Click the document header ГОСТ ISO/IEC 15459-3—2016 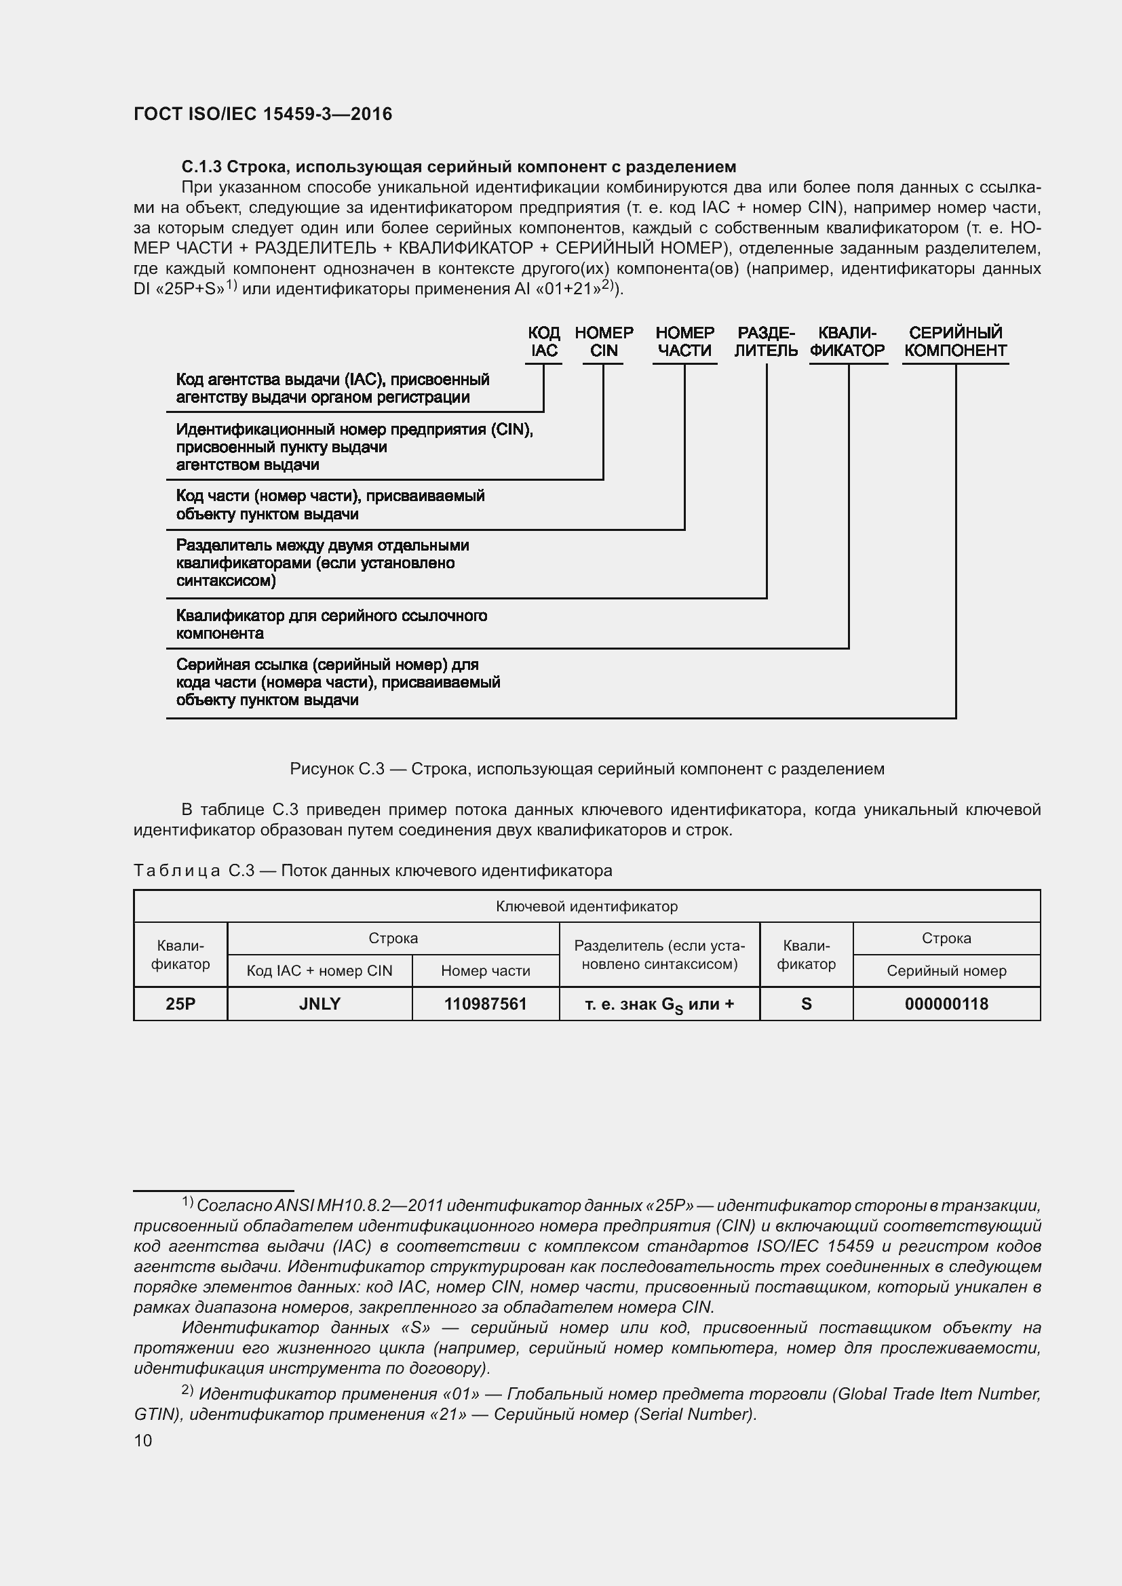coord(263,114)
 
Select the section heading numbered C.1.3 coord(458,167)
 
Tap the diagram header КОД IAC coord(544,342)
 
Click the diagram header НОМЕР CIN coord(603,342)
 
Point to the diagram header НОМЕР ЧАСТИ coord(684,342)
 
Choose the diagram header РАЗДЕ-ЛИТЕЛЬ coord(765,342)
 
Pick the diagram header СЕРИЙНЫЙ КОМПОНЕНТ coord(955,342)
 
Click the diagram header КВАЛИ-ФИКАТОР coord(847,342)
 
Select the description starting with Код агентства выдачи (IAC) coord(332,389)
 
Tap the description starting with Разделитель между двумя coord(322,563)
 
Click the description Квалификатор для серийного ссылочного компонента coord(331,625)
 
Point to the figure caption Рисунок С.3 coord(587,769)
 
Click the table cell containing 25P coord(180,1004)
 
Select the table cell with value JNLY coord(320,1004)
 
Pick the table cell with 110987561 coord(485,1004)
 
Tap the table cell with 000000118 coord(946,1004)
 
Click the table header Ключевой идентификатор coord(587,907)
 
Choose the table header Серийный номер coord(946,970)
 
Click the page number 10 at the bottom coord(143,1440)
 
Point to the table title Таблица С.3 coord(372,871)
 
